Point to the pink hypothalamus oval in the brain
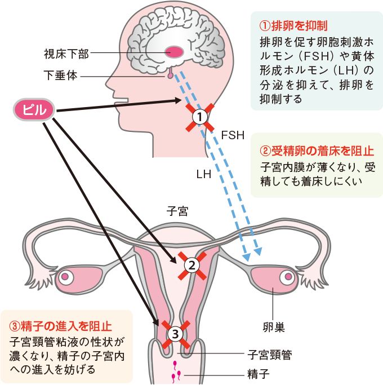[174, 52]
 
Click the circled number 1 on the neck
[199, 117]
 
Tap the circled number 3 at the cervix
[175, 334]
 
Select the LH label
[204, 174]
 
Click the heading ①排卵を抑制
[293, 26]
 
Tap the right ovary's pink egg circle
[289, 277]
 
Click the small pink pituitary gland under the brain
[170, 73]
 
